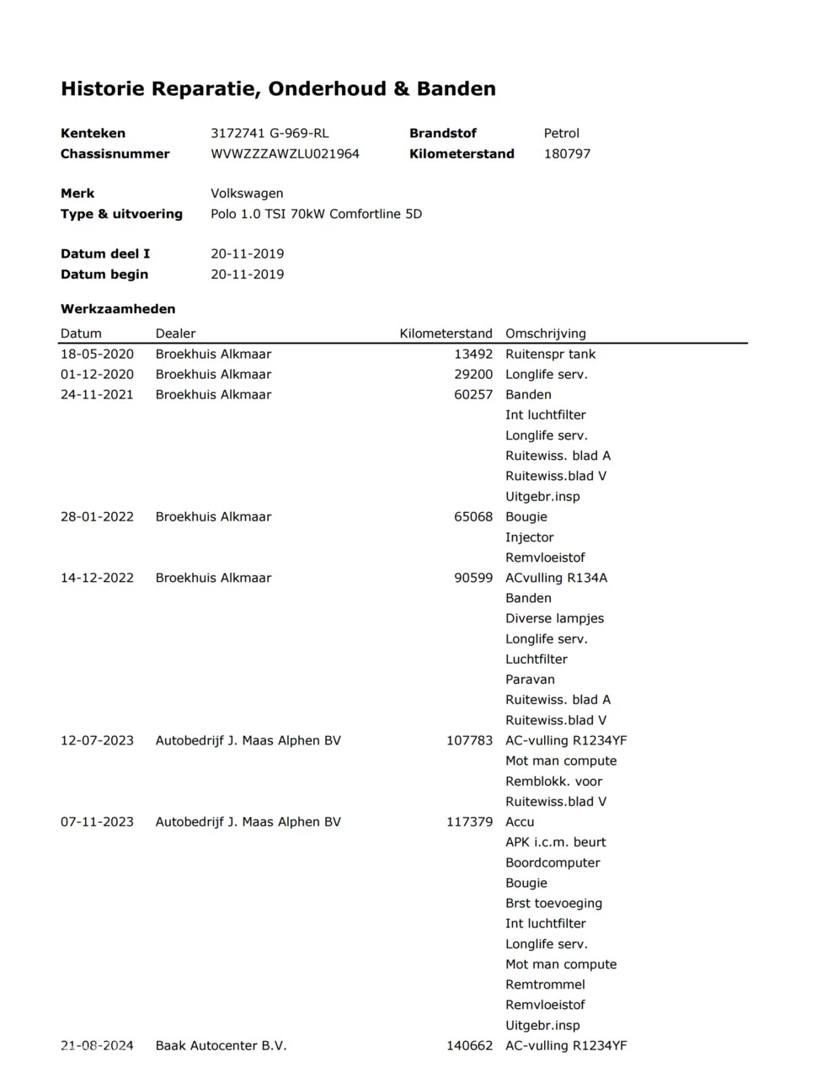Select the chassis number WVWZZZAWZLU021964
(285, 154)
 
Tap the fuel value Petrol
(561, 133)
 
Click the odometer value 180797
(567, 154)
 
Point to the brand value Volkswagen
(247, 194)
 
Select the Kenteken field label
(93, 133)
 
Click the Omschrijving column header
(545, 334)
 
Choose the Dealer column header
(175, 334)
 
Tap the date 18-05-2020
(97, 355)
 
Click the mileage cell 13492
(473, 355)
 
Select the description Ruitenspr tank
(550, 355)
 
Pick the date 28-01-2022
(97, 517)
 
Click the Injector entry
(529, 537)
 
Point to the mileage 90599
(473, 578)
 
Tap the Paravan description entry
(530, 680)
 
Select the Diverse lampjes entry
(554, 618)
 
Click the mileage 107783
(469, 741)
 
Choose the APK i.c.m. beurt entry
(555, 842)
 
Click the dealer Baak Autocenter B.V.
(221, 1046)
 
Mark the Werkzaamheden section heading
(118, 309)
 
